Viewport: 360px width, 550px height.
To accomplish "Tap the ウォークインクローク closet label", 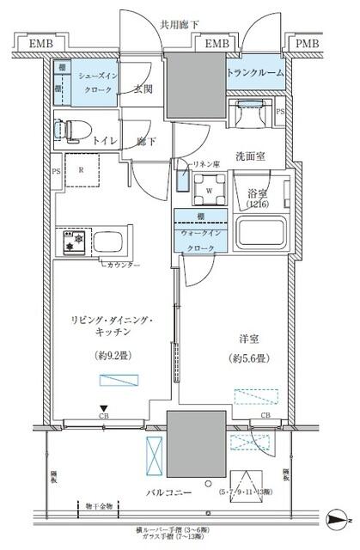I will point(200,238).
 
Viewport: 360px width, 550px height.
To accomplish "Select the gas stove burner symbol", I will point(70,240).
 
